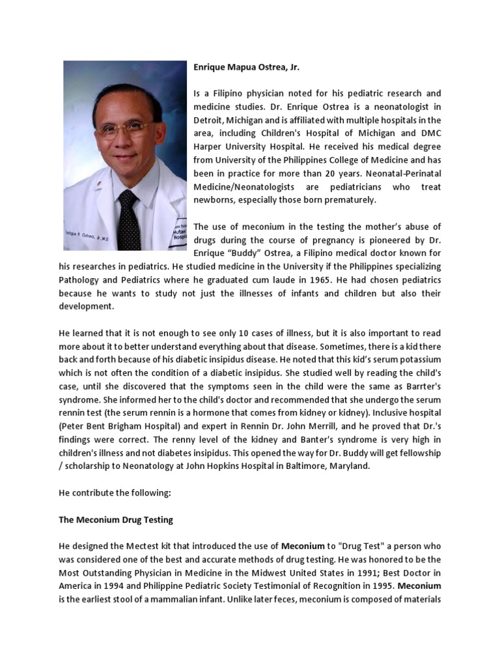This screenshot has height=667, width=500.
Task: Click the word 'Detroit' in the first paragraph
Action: coord(210,121)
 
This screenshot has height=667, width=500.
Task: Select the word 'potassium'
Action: coord(419,360)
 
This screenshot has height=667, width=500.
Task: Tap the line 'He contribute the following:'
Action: coord(115,493)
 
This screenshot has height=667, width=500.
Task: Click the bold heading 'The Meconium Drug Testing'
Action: coord(116,519)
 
